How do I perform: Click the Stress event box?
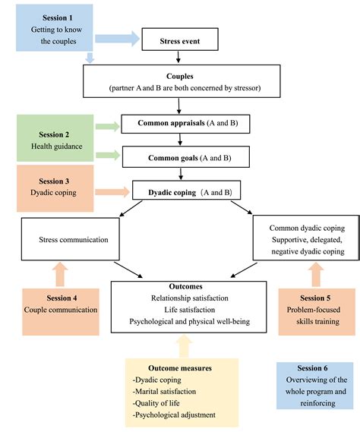point(180,39)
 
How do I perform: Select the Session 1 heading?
point(57,18)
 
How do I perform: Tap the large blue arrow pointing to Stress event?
point(118,38)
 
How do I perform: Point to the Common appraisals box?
point(185,124)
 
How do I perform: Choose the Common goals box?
point(186,156)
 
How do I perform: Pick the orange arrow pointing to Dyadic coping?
point(112,192)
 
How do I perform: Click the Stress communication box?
point(71,239)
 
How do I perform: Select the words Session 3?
point(54,181)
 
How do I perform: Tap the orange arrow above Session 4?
point(60,274)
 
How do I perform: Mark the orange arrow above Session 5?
point(316,274)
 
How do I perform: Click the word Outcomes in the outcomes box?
point(185,286)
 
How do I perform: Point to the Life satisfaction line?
point(190,310)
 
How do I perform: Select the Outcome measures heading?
point(180,368)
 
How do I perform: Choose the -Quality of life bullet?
point(156,403)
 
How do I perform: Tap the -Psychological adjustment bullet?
point(174,415)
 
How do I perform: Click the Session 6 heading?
point(312,368)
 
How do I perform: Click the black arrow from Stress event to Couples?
point(178,57)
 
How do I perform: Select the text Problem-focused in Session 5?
point(314,310)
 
